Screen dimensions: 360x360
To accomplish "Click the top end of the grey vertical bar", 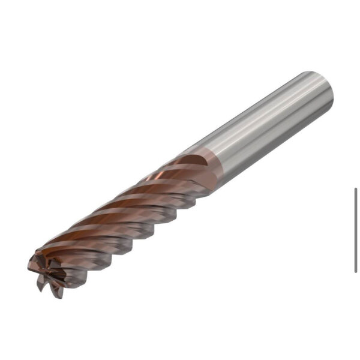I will (x=356, y=189).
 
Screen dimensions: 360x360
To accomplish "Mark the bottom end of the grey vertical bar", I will (x=356, y=271).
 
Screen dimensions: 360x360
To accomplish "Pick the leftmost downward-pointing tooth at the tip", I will (x=41, y=287).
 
